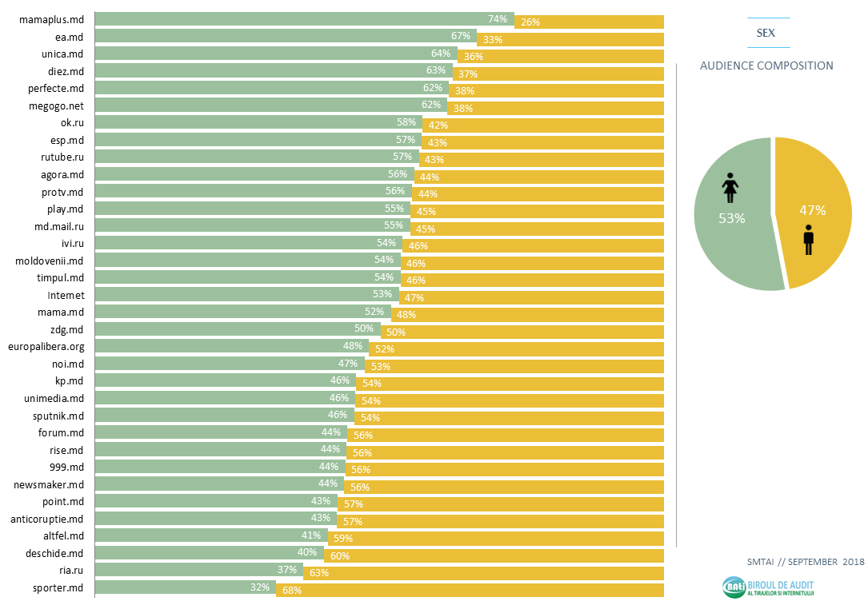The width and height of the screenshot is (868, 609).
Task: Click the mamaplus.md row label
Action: pos(51,19)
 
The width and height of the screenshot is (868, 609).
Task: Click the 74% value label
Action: pos(498,18)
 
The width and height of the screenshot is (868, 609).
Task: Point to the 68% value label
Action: pos(292,591)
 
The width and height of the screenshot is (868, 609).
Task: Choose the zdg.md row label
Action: pos(67,329)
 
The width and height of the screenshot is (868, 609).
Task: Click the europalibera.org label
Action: pos(46,347)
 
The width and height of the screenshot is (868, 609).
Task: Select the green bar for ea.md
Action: pos(284,36)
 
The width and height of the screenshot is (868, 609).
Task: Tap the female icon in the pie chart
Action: pos(730,188)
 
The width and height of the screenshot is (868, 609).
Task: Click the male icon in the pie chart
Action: pos(808,240)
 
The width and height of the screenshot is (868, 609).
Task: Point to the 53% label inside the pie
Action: pos(732,218)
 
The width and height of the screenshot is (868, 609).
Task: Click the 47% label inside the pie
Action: pos(812,211)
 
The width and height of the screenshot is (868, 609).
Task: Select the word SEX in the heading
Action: pos(766,33)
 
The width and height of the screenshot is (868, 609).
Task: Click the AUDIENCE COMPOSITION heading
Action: pos(766,66)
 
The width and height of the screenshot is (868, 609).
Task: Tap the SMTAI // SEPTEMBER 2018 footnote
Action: pos(806,562)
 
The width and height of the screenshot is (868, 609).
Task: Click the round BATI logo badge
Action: pos(733,588)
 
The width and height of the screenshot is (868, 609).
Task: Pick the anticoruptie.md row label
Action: pos(49,519)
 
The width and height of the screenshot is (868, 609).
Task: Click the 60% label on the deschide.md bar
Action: pos(339,555)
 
